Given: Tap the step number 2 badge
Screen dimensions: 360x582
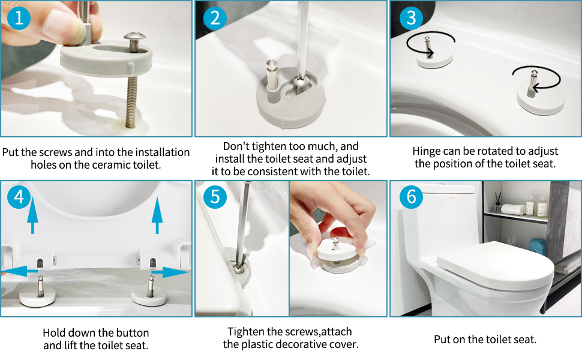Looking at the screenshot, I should [215, 18].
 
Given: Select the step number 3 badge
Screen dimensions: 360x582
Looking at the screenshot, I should [410, 18].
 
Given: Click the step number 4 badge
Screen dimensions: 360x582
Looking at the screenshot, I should [19, 197].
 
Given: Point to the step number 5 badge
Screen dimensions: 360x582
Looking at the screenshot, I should [215, 197].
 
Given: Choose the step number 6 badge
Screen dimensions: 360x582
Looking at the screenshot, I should [410, 197].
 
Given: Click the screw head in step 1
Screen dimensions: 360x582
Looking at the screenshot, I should [136, 40].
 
